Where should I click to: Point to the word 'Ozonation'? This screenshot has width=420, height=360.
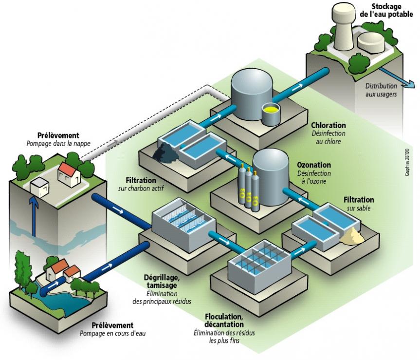(314, 165)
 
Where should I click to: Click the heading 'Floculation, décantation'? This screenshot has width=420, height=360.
(224, 320)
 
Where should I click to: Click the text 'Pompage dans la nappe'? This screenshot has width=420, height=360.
(58, 143)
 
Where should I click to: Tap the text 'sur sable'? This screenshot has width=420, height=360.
(359, 208)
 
